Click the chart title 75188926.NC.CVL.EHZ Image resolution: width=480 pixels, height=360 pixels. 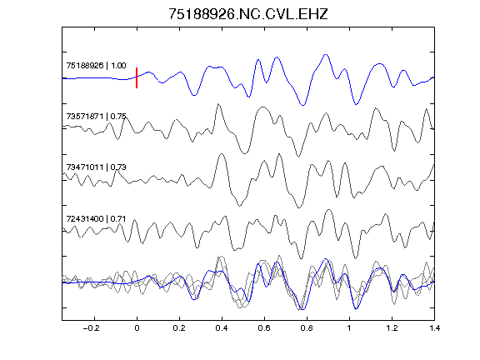coord(248,14)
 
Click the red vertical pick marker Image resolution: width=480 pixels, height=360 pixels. coord(137,77)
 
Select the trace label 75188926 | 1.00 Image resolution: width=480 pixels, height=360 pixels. coord(96,66)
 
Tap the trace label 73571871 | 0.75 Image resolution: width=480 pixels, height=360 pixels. coord(96,117)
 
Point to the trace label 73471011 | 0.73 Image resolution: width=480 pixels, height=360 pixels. coord(96,167)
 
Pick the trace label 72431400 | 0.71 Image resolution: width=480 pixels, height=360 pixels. coord(96,219)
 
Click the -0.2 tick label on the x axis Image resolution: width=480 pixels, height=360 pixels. coord(91,328)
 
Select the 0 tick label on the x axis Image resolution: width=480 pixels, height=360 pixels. coord(137,328)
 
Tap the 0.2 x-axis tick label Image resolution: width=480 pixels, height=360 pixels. coord(179,328)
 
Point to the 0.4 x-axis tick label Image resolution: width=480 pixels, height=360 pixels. coord(222,328)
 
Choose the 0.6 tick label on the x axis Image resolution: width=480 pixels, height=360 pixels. coord(264,328)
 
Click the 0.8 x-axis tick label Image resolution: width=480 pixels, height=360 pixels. coord(307,328)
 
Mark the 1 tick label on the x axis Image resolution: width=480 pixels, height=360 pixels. coord(349,328)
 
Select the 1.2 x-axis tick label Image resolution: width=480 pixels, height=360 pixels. coord(392,328)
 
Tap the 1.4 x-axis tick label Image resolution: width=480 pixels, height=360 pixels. coord(434,328)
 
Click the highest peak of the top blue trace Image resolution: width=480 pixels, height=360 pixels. coord(326,54)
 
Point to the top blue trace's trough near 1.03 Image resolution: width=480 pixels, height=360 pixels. coord(356,104)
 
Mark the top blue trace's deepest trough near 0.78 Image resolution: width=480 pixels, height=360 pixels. coord(302,105)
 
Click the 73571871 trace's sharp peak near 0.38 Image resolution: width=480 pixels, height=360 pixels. coord(218,104)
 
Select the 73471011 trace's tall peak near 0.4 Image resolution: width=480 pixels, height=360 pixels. coord(222,154)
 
